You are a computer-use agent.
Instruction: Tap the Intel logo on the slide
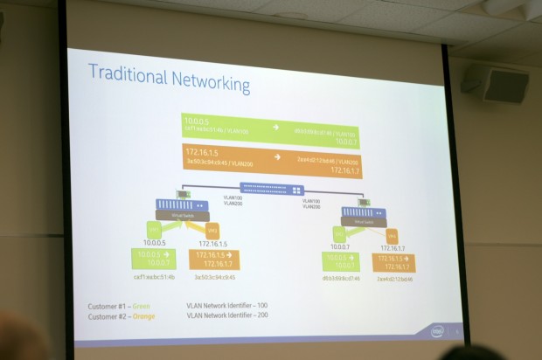[x=435, y=331]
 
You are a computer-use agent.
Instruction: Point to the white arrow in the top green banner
[x=276, y=127]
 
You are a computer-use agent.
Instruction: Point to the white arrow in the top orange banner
[x=276, y=157]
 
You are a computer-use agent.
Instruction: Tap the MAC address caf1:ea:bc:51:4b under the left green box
[x=155, y=276]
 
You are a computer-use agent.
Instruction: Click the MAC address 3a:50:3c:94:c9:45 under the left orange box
[x=214, y=277]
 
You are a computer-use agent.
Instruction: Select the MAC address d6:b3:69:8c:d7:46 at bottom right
[x=340, y=278]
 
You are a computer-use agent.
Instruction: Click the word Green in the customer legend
[x=157, y=306]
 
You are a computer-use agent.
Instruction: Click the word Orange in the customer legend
[x=160, y=316]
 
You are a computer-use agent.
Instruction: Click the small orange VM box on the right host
[x=392, y=235]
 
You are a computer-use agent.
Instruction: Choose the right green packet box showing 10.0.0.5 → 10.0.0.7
[x=340, y=261]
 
